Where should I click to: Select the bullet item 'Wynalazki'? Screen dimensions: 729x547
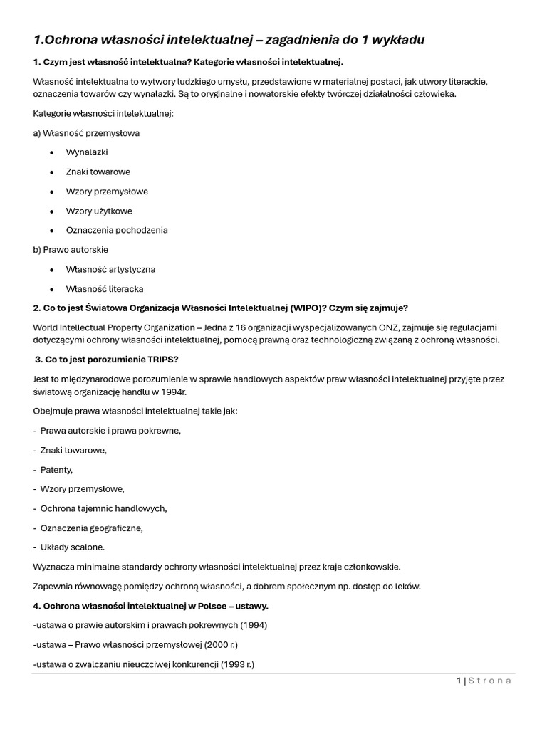87,152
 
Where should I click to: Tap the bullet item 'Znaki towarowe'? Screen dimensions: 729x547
98,172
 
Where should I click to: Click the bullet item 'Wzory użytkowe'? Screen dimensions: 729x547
99,211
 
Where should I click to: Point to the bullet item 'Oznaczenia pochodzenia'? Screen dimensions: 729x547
117,230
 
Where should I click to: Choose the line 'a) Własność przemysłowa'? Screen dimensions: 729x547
86,132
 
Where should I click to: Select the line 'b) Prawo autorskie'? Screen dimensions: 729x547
71,250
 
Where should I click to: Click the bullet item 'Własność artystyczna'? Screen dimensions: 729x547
110,269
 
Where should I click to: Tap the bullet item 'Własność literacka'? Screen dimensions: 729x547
105,289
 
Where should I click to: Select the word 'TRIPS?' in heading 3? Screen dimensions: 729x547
162,359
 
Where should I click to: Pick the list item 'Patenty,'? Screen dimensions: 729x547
56,470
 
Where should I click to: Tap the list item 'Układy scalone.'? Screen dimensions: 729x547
72,547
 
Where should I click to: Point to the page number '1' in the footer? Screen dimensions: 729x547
459,681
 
